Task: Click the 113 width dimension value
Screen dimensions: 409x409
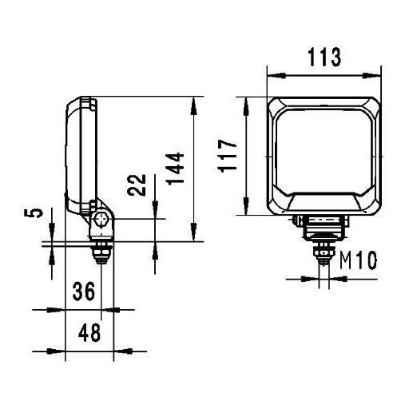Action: pos(324,57)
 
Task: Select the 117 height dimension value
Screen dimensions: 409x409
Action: pos(227,156)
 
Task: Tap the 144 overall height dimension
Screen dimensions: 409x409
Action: pos(175,169)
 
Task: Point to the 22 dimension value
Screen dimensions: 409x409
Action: pos(137,185)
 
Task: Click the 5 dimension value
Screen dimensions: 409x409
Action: pos(34,213)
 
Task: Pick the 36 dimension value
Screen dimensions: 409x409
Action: pos(84,292)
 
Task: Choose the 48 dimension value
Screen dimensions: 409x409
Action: pos(89,332)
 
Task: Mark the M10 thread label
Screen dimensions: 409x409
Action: pos(359,260)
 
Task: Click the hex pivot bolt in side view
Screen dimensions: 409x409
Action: pos(101,220)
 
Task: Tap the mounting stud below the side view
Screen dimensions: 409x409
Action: pos(101,253)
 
